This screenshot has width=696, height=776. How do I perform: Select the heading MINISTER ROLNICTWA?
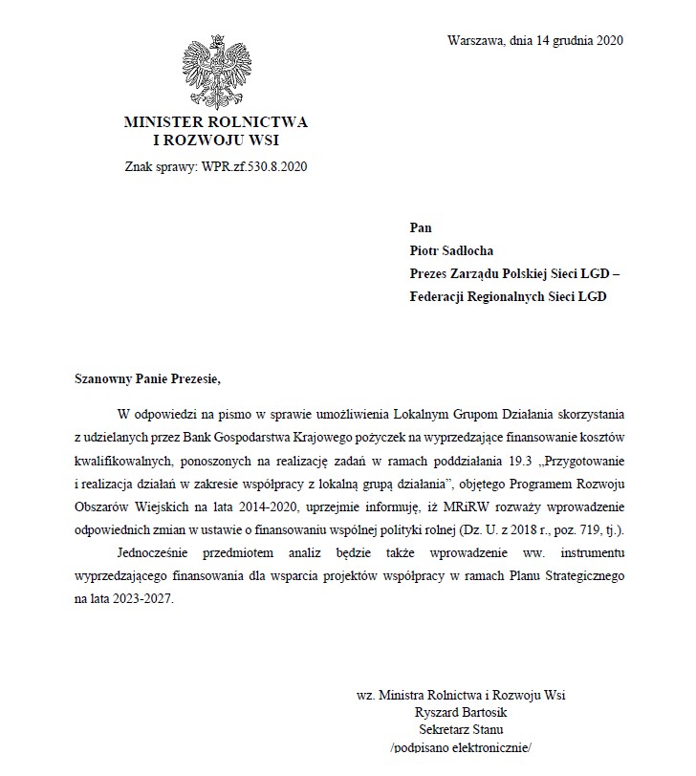pyautogui.click(x=215, y=123)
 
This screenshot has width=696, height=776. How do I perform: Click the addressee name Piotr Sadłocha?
pyautogui.click(x=453, y=250)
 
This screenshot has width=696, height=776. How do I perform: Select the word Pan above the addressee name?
pyautogui.click(x=420, y=227)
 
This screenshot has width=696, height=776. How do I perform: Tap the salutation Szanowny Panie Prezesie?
pyautogui.click(x=147, y=378)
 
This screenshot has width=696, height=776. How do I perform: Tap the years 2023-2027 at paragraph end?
pyautogui.click(x=141, y=600)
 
